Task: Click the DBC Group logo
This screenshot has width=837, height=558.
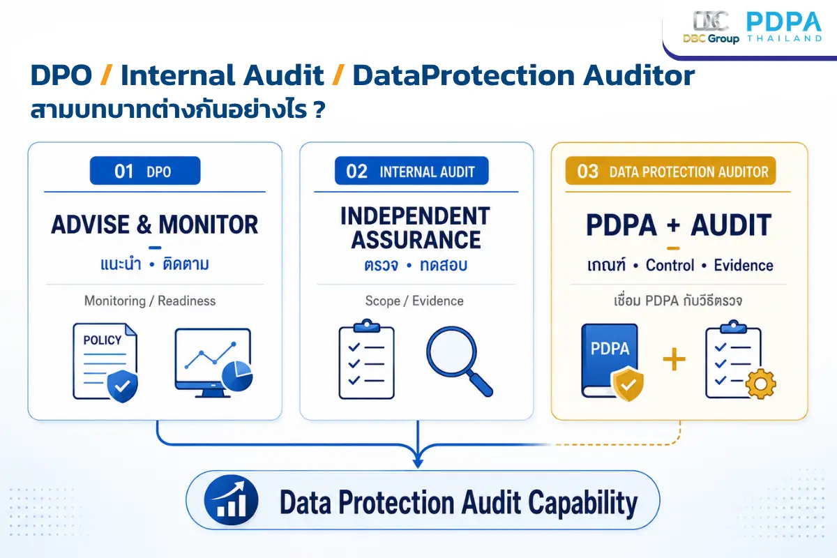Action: click(711, 27)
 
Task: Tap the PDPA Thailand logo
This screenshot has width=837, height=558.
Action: click(784, 27)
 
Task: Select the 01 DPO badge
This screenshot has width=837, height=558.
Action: click(145, 171)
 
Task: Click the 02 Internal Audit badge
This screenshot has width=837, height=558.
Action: click(412, 171)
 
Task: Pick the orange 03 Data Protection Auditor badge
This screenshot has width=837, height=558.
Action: click(671, 171)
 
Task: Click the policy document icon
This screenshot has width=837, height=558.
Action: click(105, 363)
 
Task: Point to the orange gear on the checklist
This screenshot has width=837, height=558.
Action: click(761, 384)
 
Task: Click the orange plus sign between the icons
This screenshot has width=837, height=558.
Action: click(674, 359)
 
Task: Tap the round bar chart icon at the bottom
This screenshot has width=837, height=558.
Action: click(231, 500)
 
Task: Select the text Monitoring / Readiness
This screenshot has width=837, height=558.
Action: click(150, 301)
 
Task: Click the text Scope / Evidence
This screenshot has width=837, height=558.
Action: click(414, 301)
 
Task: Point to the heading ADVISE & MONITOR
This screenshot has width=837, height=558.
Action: click(154, 225)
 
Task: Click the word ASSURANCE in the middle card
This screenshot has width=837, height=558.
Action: click(416, 240)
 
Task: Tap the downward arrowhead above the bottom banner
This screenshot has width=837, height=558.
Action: click(418, 462)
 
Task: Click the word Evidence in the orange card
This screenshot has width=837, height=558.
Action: click(744, 265)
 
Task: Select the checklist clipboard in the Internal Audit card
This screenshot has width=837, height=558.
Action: click(367, 359)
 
